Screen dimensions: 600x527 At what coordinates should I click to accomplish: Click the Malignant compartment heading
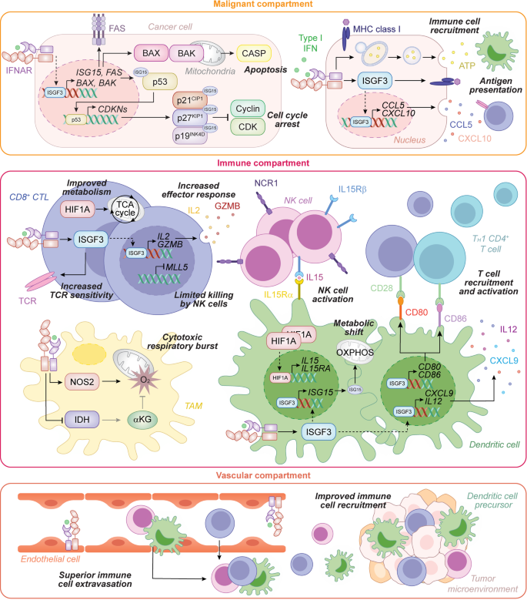pos(263,6)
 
